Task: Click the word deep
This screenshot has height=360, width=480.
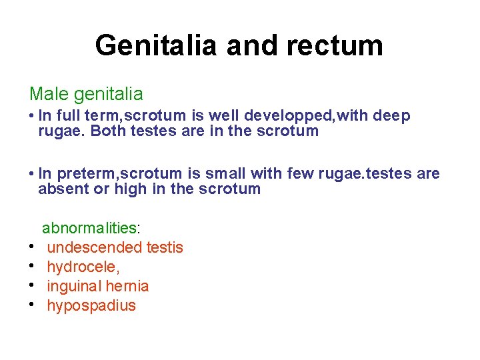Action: click(x=391, y=115)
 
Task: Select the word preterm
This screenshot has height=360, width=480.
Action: click(x=87, y=174)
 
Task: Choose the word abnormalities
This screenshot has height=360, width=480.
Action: click(x=89, y=228)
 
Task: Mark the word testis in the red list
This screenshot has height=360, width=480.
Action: click(x=165, y=248)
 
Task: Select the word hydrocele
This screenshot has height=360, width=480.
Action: click(x=82, y=267)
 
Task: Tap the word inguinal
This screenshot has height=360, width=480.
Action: click(x=73, y=287)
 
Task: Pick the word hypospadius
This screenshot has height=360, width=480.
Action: click(x=91, y=306)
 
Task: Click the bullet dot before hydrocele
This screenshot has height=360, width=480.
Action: click(x=32, y=266)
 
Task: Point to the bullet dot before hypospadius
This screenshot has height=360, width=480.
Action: click(x=32, y=305)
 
